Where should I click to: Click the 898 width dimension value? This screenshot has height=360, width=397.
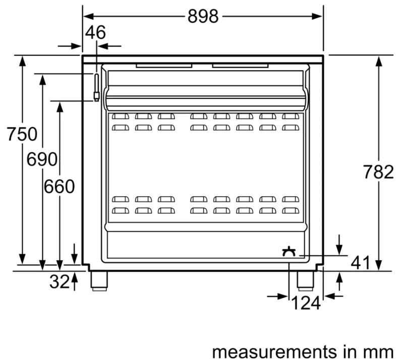203,16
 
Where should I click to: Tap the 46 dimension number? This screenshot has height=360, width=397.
95,33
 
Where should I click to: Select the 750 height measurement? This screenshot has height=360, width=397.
22,134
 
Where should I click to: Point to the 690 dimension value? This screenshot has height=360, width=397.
42,160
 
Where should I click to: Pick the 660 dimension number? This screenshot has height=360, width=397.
59,187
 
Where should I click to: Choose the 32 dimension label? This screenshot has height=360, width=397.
59,282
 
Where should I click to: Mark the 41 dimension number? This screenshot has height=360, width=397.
360,262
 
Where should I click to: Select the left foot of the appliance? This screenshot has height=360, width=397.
99,280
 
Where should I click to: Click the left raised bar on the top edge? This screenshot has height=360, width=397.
164,66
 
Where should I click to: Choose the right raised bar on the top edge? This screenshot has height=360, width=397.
240,66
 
